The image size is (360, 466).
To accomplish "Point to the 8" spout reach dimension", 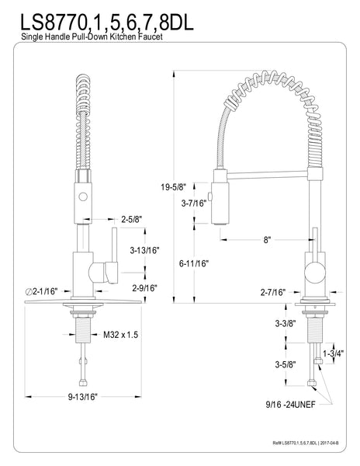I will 266,241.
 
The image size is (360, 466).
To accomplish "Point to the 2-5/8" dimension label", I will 130,218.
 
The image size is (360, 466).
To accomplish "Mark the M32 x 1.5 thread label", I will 121,336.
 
